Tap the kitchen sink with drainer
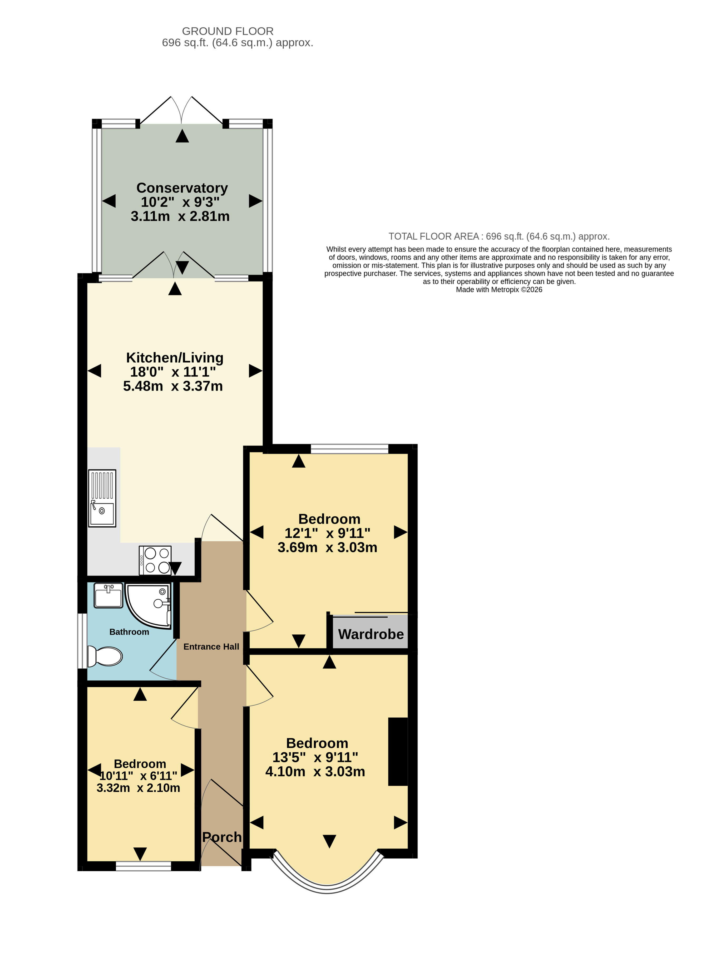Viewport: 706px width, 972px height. [102, 498]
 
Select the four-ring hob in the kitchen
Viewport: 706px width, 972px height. [155, 560]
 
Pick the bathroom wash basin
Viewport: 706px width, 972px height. [108, 595]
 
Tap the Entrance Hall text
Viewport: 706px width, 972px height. [211, 647]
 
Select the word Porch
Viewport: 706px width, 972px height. [222, 837]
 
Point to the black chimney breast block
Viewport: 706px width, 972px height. [398, 752]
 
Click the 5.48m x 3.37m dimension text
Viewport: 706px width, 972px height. [173, 386]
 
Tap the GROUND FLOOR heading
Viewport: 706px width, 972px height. [228, 31]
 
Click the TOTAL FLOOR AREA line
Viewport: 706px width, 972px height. [499, 236]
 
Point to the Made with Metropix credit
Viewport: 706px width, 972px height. [499, 290]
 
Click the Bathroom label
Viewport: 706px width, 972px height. [129, 632]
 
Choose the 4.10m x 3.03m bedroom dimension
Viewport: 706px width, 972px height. [315, 771]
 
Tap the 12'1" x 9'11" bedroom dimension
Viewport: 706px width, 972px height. [328, 533]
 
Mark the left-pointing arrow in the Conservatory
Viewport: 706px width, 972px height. [109, 201]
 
